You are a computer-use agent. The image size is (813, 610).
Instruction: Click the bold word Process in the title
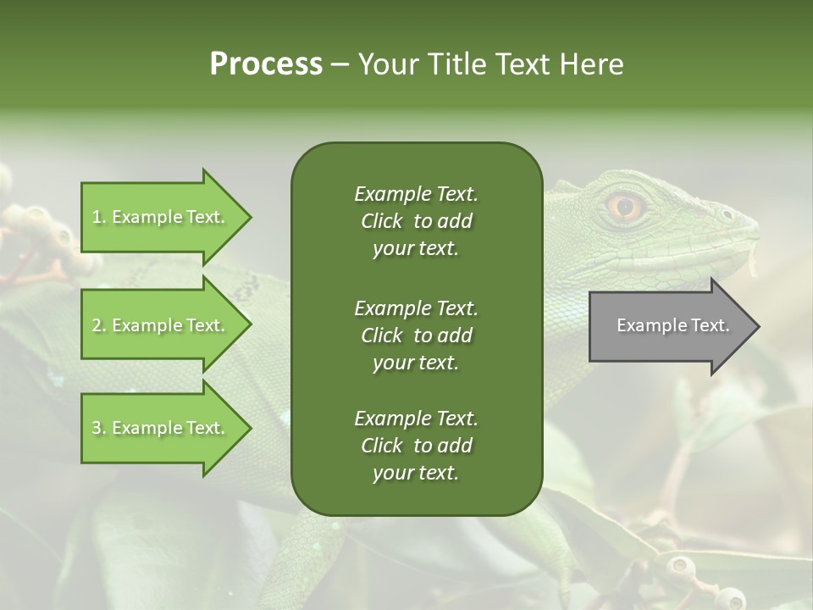pyautogui.click(x=266, y=64)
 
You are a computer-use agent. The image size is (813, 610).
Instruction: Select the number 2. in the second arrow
pyautogui.click(x=99, y=325)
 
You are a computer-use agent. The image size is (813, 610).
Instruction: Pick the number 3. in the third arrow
pyautogui.click(x=99, y=428)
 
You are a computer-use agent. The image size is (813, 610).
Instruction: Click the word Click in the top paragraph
pyautogui.click(x=381, y=221)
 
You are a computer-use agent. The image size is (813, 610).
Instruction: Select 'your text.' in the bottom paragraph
pyautogui.click(x=416, y=473)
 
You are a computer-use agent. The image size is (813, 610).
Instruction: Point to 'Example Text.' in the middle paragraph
pyautogui.click(x=416, y=308)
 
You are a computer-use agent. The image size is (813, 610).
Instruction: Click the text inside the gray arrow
pyautogui.click(x=672, y=325)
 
